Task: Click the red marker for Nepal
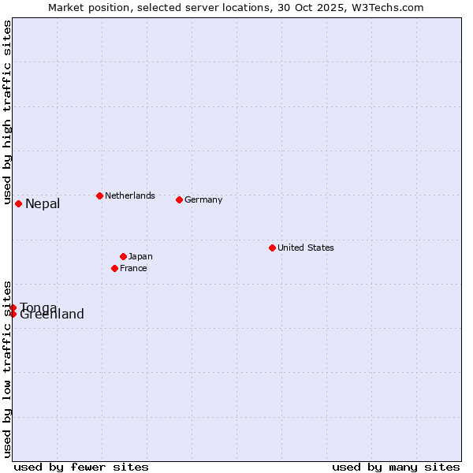coord(18,203)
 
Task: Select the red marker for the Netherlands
coord(99,196)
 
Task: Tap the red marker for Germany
coord(179,199)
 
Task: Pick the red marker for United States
coord(272,248)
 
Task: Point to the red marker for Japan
coord(123,256)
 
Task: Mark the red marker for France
coord(114,268)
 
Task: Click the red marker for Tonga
coord(13,307)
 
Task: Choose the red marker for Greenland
coord(13,314)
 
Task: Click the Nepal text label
coord(43,204)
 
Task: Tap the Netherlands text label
coord(130,196)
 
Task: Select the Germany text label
coord(203,199)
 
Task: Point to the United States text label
coord(306,248)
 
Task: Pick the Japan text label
coord(140,256)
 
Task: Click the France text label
coord(133,268)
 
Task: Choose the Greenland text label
coord(52,315)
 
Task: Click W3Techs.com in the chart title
coord(386,7)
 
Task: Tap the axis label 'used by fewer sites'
coord(81,467)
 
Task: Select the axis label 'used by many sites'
coord(396,467)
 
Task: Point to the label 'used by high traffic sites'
coord(7,113)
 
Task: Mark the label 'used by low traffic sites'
coord(7,368)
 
